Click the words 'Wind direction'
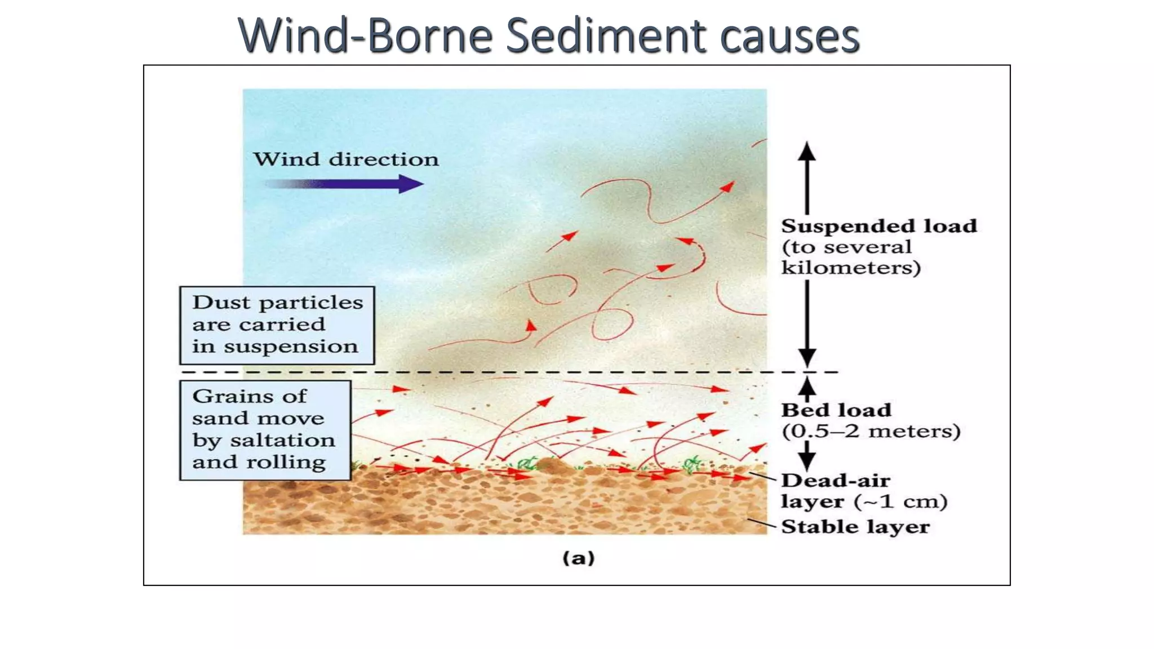coord(345,159)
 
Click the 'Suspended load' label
coord(878,226)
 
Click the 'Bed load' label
coord(836,410)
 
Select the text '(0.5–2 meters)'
coord(871,431)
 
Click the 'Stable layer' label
coord(855,527)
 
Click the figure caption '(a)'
coord(579,558)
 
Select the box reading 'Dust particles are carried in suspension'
coord(277,325)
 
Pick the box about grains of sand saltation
coord(265,430)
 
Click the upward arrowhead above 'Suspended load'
coord(807,151)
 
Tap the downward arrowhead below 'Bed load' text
coord(807,461)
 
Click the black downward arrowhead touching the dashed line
coord(807,358)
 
